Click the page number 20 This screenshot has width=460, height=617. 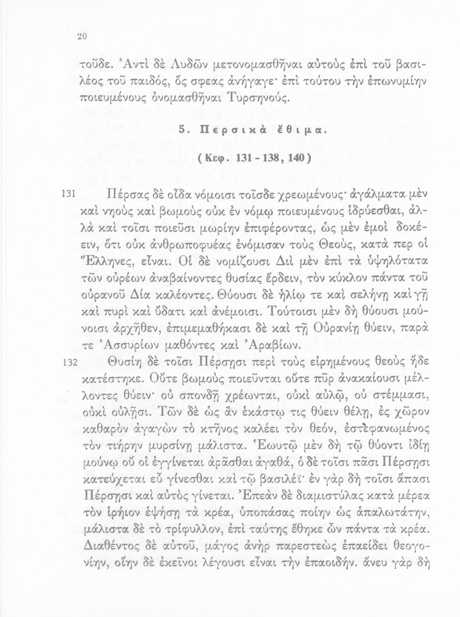pos(81,36)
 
